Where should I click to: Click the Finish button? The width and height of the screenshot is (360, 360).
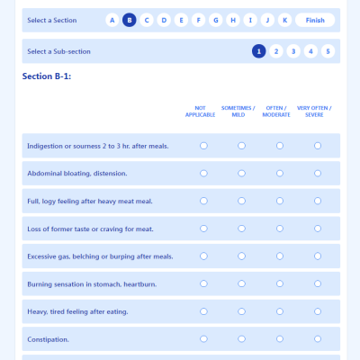[315, 20]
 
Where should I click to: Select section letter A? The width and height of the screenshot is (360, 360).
[112, 20]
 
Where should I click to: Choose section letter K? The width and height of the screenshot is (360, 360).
[284, 20]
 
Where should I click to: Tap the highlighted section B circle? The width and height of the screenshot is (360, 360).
[129, 20]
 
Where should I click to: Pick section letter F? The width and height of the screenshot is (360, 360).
[198, 20]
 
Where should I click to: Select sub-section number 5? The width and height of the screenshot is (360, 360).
[328, 51]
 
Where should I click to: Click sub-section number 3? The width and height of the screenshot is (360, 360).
[293, 51]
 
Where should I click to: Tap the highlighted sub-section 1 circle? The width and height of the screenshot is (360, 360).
[259, 51]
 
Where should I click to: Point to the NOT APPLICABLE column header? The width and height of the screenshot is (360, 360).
[201, 112]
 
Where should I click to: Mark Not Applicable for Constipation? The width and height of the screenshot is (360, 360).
[203, 339]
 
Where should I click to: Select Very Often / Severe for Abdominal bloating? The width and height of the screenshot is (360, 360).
[318, 173]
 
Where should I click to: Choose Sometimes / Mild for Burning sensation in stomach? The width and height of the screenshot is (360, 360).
[241, 283]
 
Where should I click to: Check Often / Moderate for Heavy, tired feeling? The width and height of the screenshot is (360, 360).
[280, 311]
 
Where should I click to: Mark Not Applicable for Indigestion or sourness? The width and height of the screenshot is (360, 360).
[203, 145]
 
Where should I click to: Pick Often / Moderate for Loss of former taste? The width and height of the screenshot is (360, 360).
[280, 229]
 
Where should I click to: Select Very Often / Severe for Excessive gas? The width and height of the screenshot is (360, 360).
[318, 256]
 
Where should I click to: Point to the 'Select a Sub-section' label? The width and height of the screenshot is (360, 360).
[59, 51]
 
